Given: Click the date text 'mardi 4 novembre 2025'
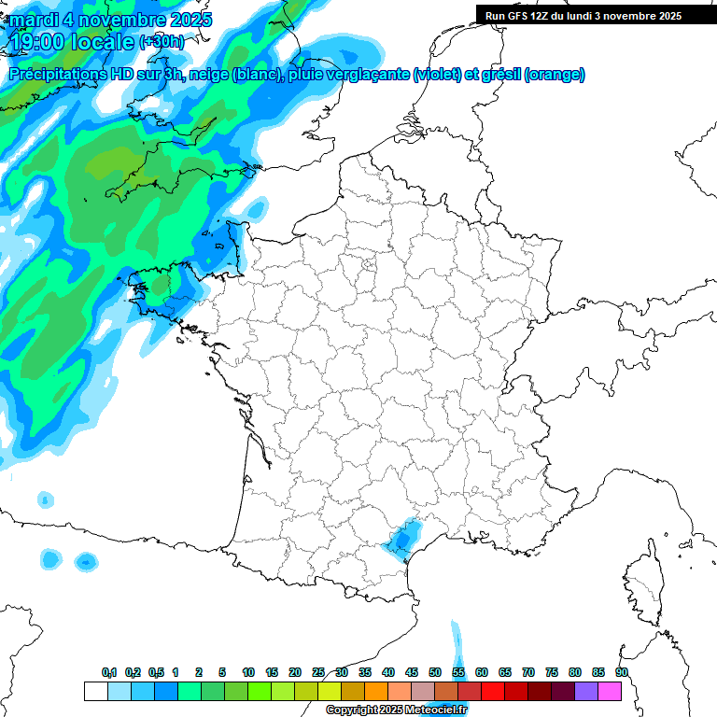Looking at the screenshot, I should tap(111, 20).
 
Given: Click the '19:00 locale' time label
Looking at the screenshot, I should tap(73, 41).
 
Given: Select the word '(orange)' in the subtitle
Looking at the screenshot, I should tap(555, 75).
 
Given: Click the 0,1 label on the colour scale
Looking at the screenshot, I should tap(109, 673).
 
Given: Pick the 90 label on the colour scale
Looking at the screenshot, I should tap(622, 673).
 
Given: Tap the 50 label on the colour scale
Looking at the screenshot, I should tap(435, 673).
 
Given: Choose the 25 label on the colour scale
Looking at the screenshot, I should tap(318, 673).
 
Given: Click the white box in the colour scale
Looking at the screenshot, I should tap(95, 691).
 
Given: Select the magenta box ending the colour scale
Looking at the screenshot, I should tap(610, 691).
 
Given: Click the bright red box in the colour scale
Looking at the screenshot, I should tap(493, 691).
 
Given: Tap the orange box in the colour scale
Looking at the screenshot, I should tap(376, 691).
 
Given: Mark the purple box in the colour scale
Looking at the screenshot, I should tap(586, 691).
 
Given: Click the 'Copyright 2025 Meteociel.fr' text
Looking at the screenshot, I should tap(396, 710).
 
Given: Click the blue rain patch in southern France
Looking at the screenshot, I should tap(403, 539).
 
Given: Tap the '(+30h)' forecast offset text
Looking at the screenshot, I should tap(162, 42).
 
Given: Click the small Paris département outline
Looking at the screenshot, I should tap(369, 265).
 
